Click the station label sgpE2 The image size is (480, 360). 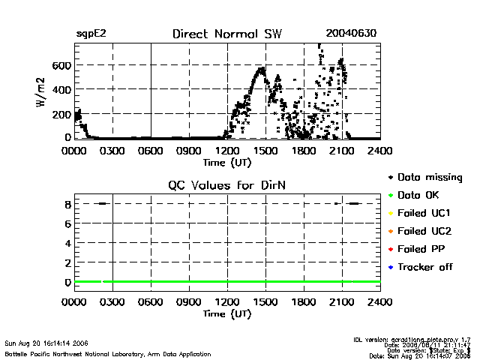click(x=91, y=34)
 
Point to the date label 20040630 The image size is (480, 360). click(x=351, y=34)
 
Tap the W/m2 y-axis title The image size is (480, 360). click(x=43, y=90)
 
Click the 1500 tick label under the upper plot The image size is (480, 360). click(x=265, y=151)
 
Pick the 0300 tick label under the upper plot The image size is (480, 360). click(x=112, y=151)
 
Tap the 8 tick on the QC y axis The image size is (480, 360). click(x=67, y=204)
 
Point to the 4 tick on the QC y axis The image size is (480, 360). click(x=67, y=243)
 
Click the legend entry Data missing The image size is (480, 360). click(x=430, y=178)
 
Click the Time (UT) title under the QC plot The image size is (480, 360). click(x=227, y=313)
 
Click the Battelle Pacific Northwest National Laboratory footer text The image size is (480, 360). click(x=108, y=353)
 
